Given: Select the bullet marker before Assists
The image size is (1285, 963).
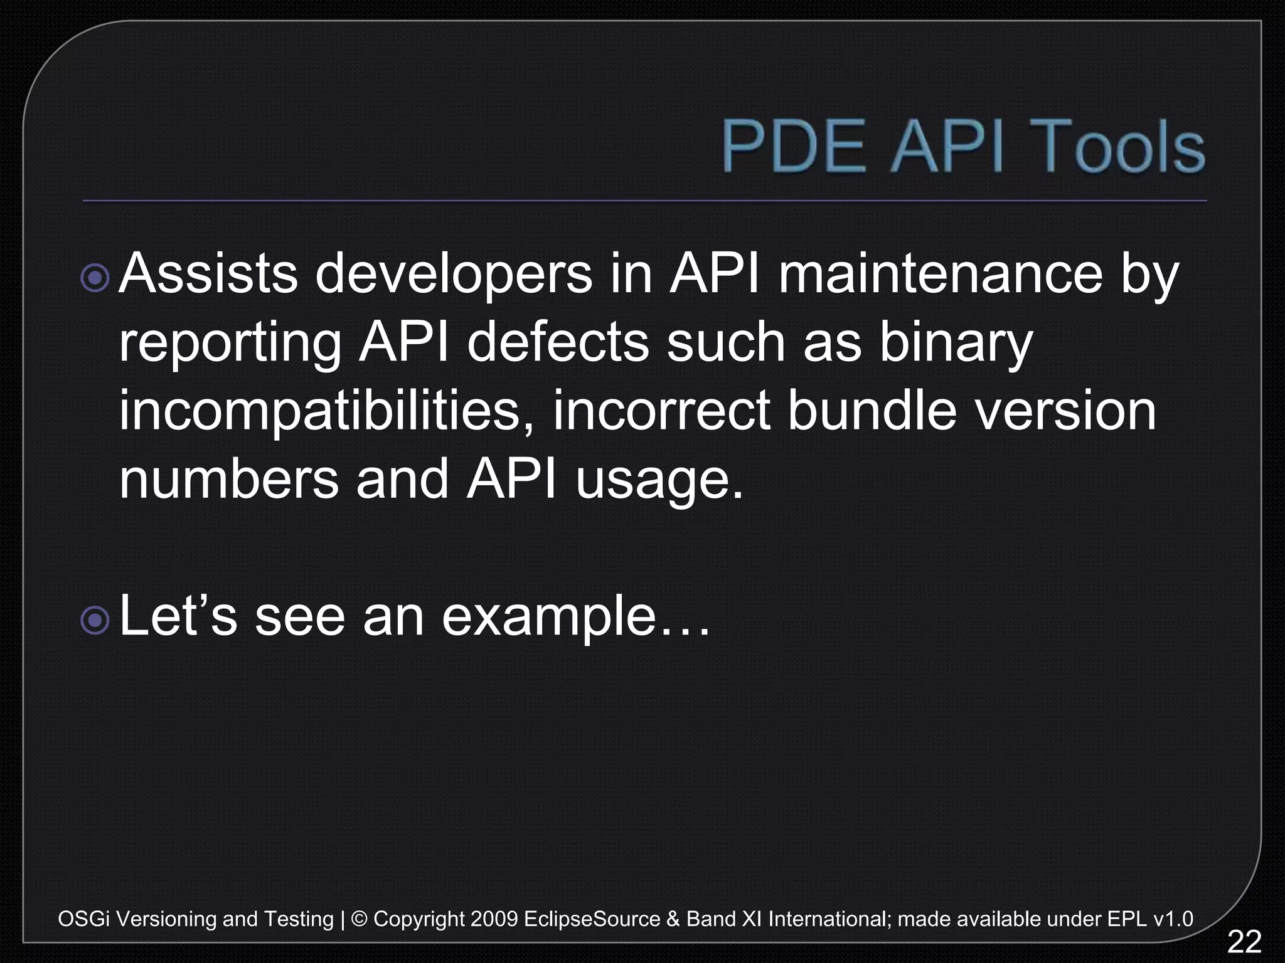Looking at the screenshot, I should tap(95, 278).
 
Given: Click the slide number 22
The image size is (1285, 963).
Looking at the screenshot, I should tap(1244, 942).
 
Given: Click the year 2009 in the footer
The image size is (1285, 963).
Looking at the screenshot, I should tap(493, 919).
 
